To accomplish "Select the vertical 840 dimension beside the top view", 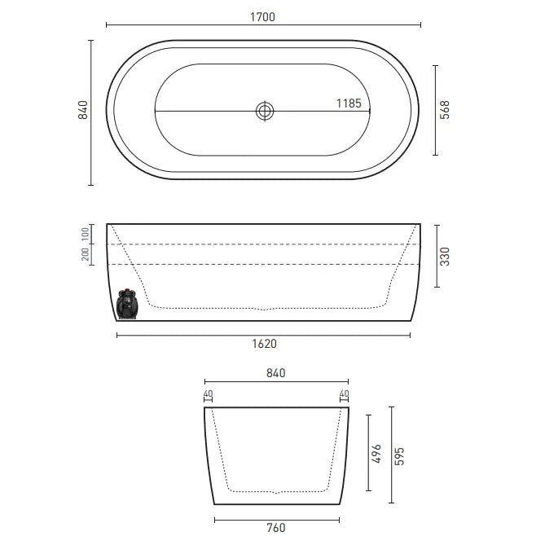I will [x=82, y=112].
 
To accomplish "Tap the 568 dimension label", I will [x=445, y=111].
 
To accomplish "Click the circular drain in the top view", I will [x=265, y=111].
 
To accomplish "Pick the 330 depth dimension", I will [x=445, y=256].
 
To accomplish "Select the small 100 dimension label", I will [x=85, y=234].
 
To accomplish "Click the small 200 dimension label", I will [x=85, y=254].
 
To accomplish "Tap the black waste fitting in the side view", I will [x=126, y=304].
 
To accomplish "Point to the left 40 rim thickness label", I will [x=208, y=395].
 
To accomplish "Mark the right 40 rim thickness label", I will [x=344, y=395].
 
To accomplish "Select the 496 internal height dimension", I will [x=376, y=452].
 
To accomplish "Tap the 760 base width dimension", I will [x=276, y=527].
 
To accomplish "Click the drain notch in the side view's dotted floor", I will [x=264, y=309].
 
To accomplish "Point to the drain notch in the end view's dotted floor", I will [x=278, y=492].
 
